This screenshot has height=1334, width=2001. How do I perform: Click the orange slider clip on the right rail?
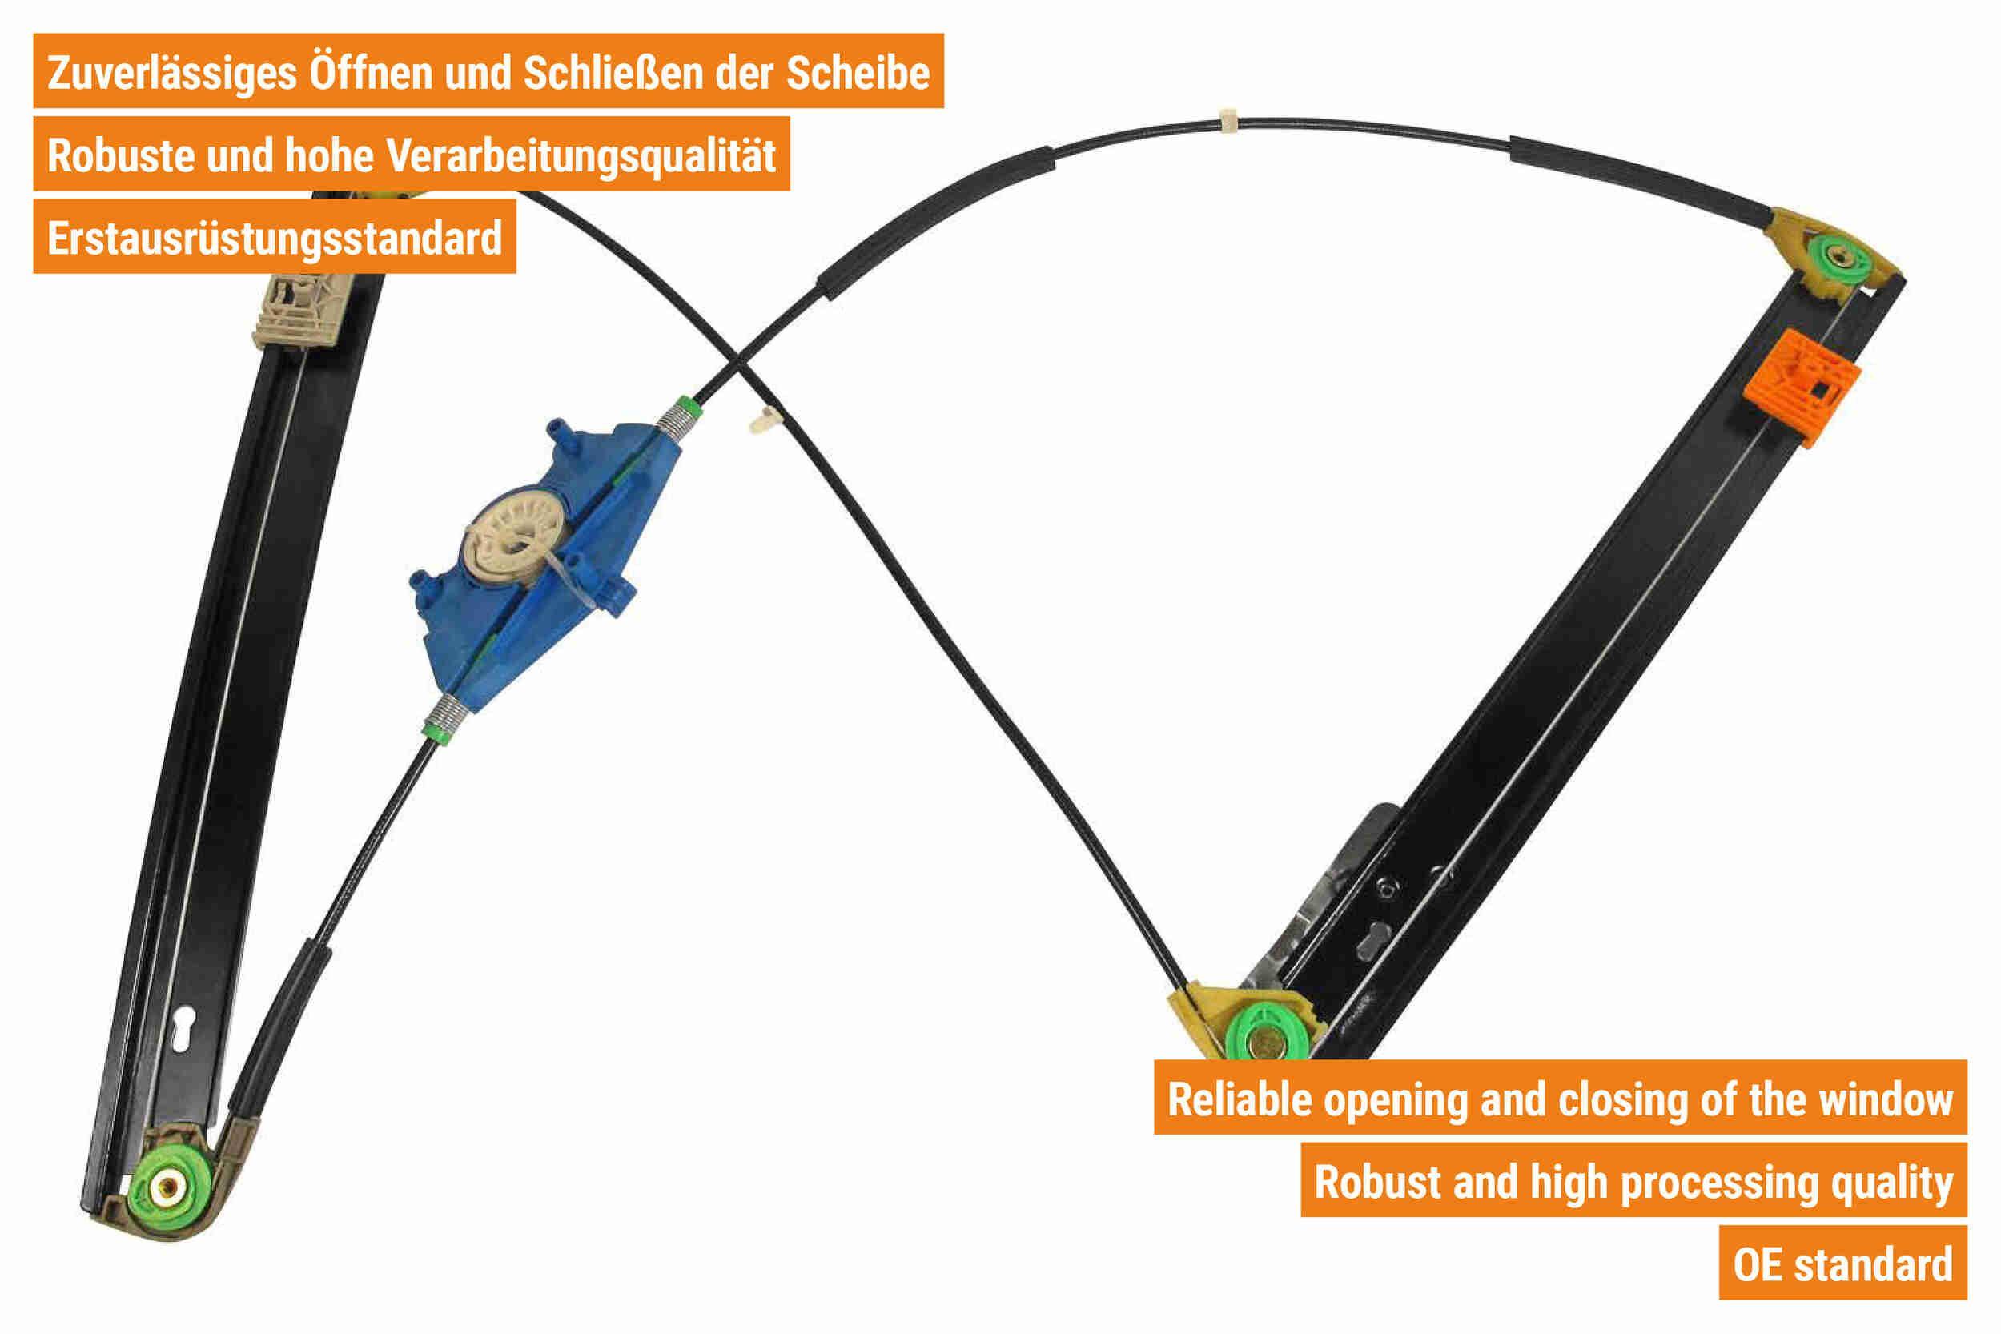point(1802,388)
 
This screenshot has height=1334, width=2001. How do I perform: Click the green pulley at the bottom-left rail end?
point(174,1185)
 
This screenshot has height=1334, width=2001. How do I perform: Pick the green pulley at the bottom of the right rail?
point(1265,1036)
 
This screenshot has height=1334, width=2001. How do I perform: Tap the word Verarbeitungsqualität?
point(581,155)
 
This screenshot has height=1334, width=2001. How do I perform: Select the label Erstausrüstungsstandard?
point(275,239)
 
